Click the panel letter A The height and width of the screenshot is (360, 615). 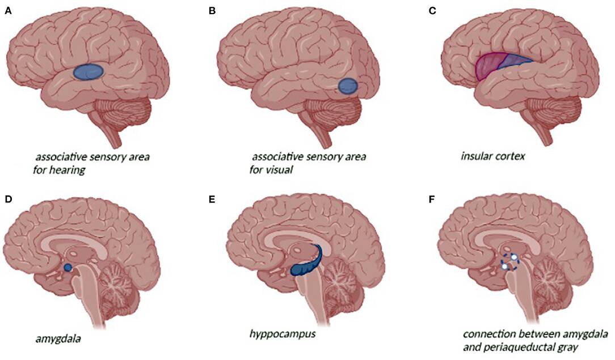(x=7, y=11)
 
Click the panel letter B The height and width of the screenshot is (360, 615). (x=212, y=11)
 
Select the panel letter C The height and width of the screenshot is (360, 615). (x=432, y=11)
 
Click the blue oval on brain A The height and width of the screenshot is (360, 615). (x=88, y=71)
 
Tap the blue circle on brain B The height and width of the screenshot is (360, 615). (x=347, y=86)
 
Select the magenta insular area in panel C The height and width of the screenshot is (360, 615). (x=487, y=68)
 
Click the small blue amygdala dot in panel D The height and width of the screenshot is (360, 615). (x=68, y=267)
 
